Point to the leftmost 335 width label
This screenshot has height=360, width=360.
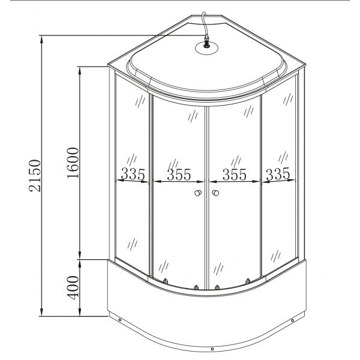133,175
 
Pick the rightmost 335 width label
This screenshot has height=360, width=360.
277,175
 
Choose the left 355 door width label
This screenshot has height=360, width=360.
179,175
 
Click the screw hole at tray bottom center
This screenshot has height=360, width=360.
212,348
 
